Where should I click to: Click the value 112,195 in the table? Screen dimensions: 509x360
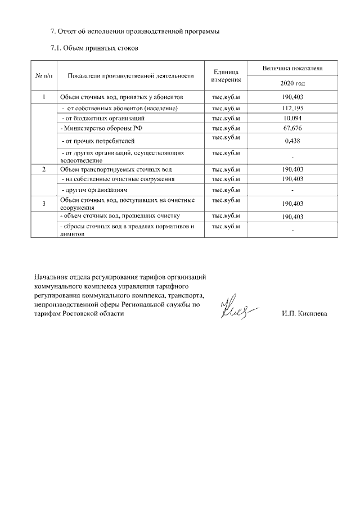click(x=292, y=108)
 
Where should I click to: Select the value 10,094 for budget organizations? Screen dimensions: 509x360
click(x=292, y=118)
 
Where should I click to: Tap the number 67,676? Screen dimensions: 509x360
click(x=292, y=128)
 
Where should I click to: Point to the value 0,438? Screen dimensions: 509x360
click(x=292, y=141)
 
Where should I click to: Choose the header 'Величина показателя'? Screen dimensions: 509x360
click(x=292, y=68)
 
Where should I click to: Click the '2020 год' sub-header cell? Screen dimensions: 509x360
click(x=292, y=83)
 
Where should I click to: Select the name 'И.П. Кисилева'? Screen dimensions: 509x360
click(x=304, y=314)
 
